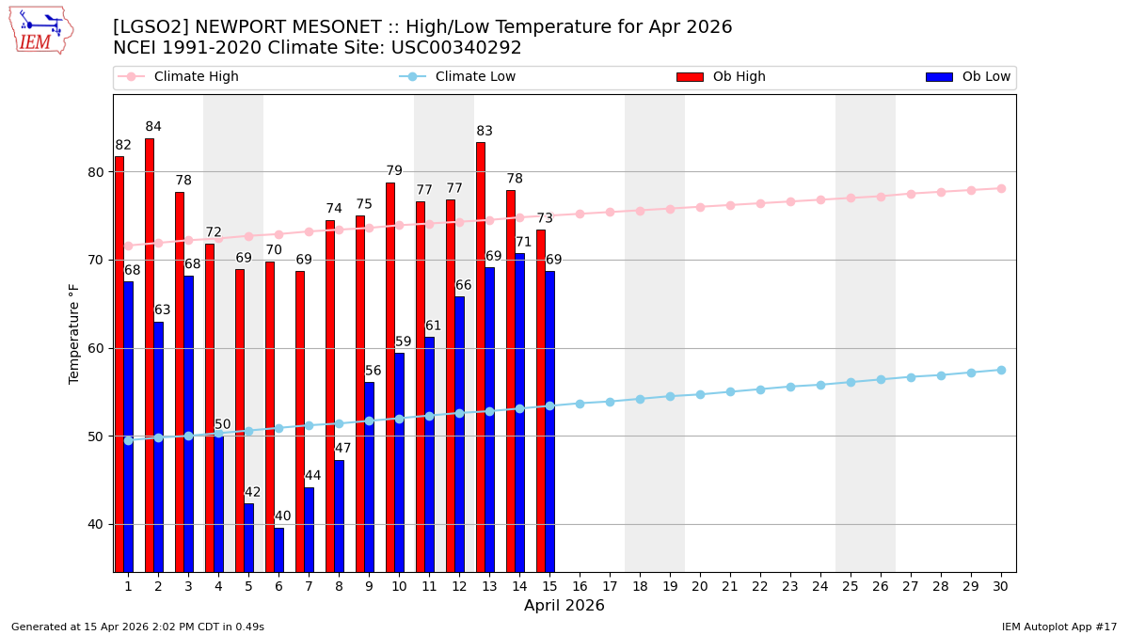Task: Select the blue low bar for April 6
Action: point(278,549)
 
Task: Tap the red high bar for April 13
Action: point(481,357)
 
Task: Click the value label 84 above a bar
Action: point(153,127)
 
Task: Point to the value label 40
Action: point(282,516)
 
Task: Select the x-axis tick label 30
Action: point(1001,586)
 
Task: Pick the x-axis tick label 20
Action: point(700,586)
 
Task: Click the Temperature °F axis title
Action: point(75,333)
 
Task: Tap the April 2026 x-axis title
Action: point(564,606)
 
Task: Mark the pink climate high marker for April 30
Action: point(1001,188)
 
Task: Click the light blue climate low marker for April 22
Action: point(760,389)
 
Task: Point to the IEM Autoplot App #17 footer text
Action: point(1059,627)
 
